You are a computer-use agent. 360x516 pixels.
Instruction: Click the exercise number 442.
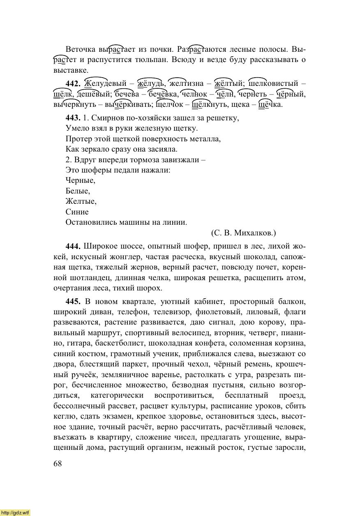coord(73,84)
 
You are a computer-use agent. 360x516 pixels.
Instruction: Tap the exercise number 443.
coord(73,118)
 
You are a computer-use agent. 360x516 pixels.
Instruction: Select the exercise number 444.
coord(73,246)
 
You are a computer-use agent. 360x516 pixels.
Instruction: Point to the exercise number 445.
coord(73,301)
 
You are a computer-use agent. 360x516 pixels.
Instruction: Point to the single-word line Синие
coord(77,212)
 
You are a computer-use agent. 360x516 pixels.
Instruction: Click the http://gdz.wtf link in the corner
coord(15,512)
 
